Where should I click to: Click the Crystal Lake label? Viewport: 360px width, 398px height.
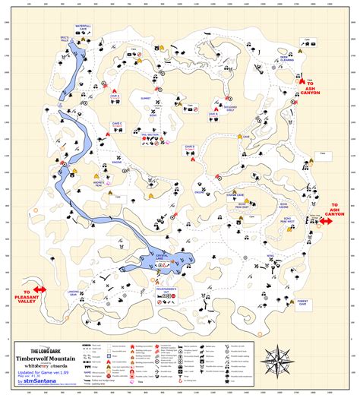point(166,258)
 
